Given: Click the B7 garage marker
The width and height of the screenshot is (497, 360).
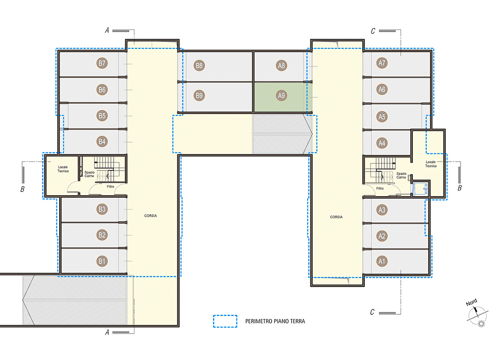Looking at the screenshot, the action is click(102, 63).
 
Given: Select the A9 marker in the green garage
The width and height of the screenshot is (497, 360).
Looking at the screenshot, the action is click(281, 96).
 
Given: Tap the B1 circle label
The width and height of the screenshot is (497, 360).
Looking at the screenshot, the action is click(102, 262).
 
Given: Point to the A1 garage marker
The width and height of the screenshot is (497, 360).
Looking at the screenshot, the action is click(382, 262).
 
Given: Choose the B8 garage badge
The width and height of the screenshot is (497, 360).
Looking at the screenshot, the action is click(199, 66).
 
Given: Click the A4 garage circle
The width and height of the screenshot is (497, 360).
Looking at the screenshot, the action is click(382, 144).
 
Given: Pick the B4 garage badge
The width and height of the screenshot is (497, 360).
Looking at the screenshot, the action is click(102, 142).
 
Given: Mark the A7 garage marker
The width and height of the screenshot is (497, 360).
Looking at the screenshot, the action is click(382, 63).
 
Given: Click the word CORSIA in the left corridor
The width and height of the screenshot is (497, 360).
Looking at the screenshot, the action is click(151, 216).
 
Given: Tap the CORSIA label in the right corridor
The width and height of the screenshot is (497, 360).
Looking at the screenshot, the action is click(336, 217).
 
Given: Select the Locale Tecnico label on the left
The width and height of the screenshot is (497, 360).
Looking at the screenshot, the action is click(63, 169).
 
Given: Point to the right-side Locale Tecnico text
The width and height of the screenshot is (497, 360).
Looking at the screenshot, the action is click(431, 164).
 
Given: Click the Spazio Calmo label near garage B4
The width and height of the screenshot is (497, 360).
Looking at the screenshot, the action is click(90, 174).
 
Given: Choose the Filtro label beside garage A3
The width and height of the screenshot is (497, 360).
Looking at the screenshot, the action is click(380, 188).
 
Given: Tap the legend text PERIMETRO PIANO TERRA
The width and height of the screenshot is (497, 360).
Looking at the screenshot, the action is click(275, 321).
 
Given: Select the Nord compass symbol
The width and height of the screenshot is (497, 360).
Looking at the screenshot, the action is click(477, 313).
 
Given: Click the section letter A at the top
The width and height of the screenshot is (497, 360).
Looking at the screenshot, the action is click(107, 30).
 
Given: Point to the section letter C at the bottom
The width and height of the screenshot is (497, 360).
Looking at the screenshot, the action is click(372, 312).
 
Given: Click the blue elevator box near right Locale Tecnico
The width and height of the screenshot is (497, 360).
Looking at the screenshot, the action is click(420, 189).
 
